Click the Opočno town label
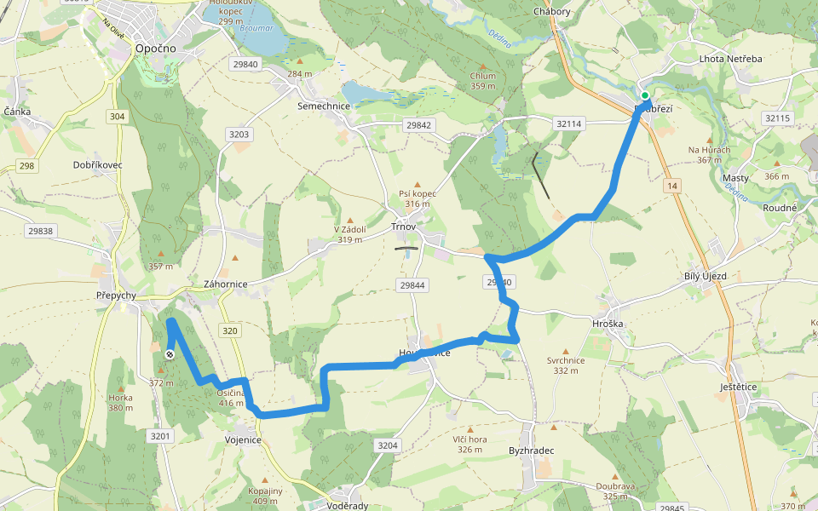point(155,49)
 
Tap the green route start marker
point(646,95)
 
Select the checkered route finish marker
point(170,354)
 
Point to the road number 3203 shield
point(239,135)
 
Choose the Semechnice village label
point(324,106)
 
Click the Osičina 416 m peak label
point(231,397)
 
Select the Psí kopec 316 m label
point(418,198)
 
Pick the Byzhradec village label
point(532,450)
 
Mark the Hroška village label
point(608,324)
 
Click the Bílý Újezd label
point(706,277)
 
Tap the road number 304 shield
point(118,116)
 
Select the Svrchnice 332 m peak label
point(566,365)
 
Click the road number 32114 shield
point(568,123)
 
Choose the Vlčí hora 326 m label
point(469,444)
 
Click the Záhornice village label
point(225,284)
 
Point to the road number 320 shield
point(228,330)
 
